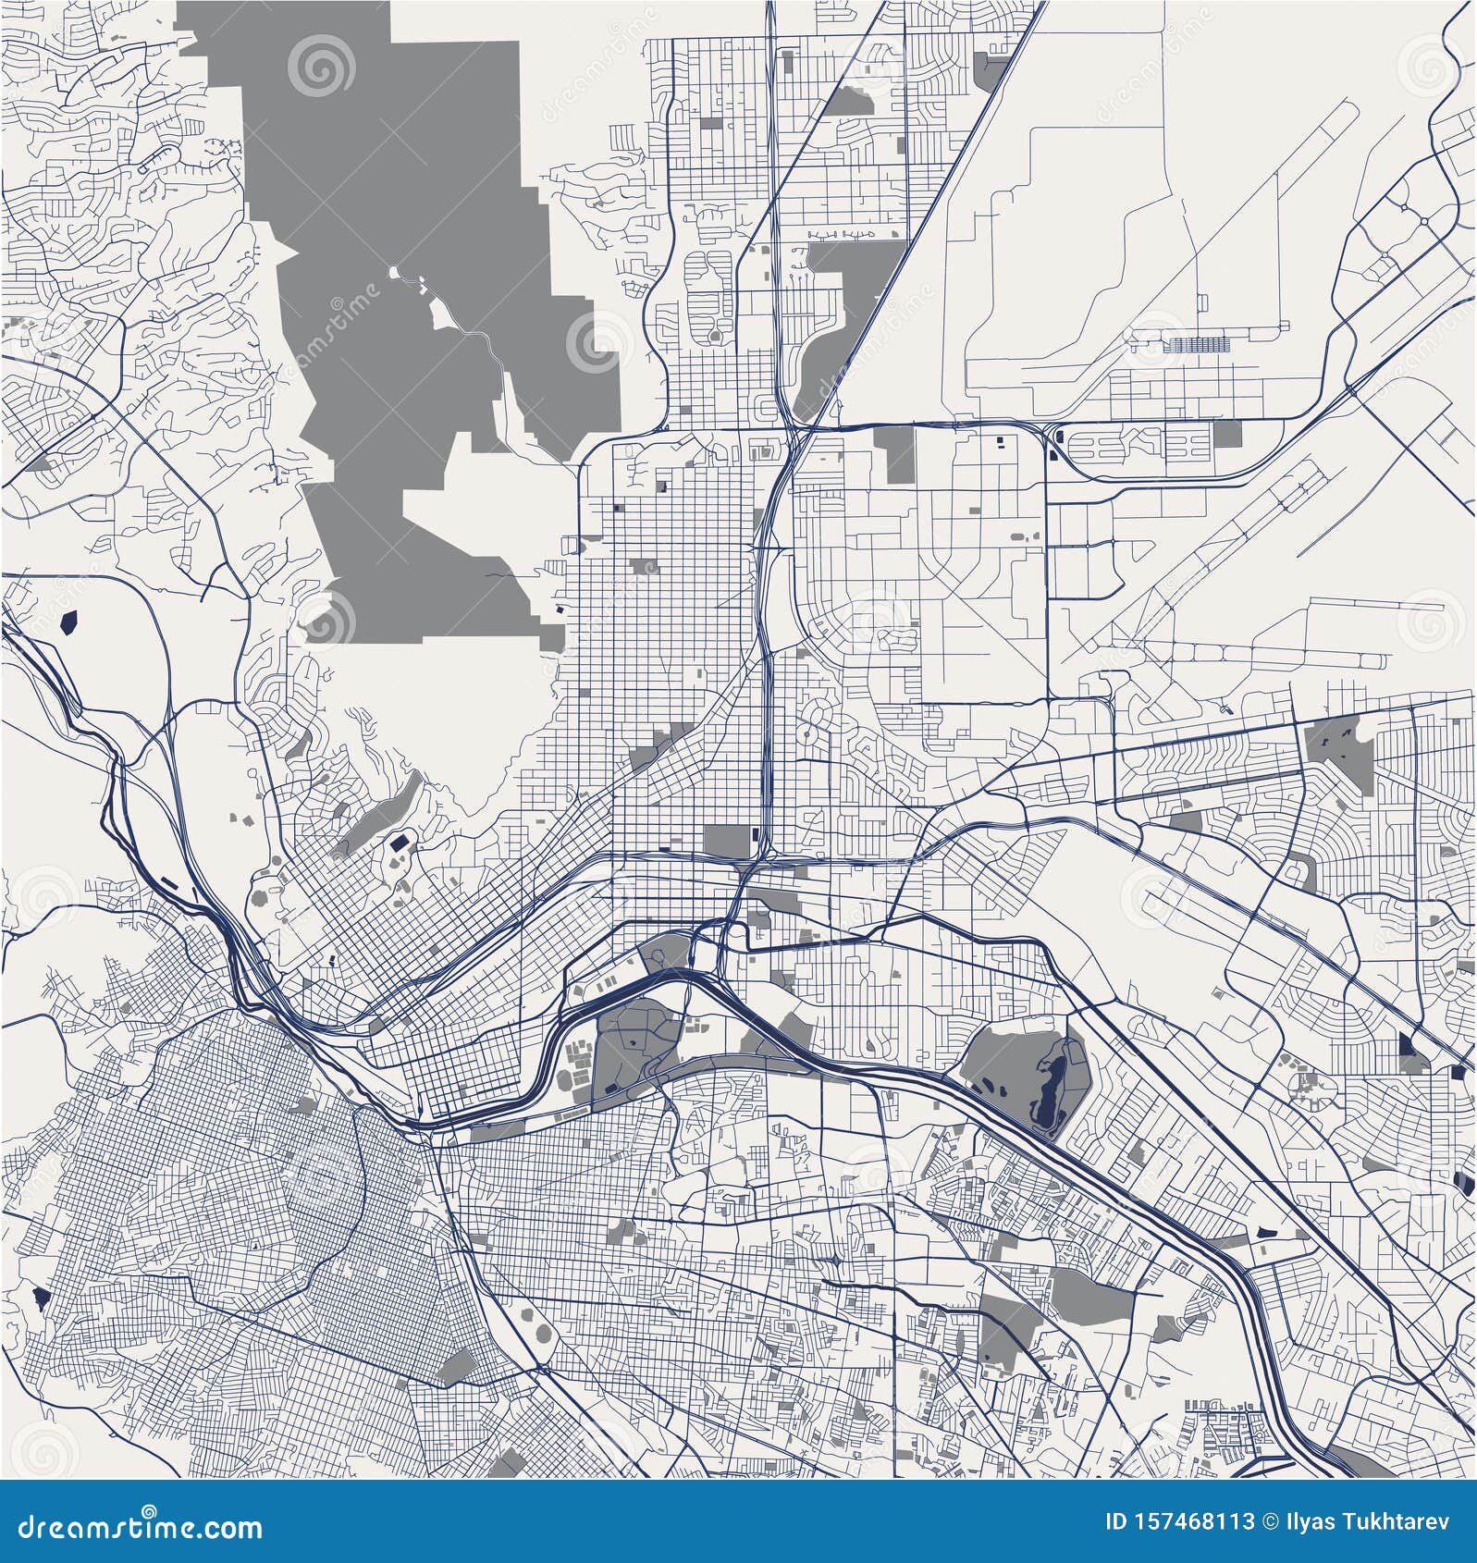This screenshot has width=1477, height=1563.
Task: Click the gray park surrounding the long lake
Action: click(999, 1064)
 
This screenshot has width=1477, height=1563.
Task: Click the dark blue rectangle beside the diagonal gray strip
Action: click(399, 843)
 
